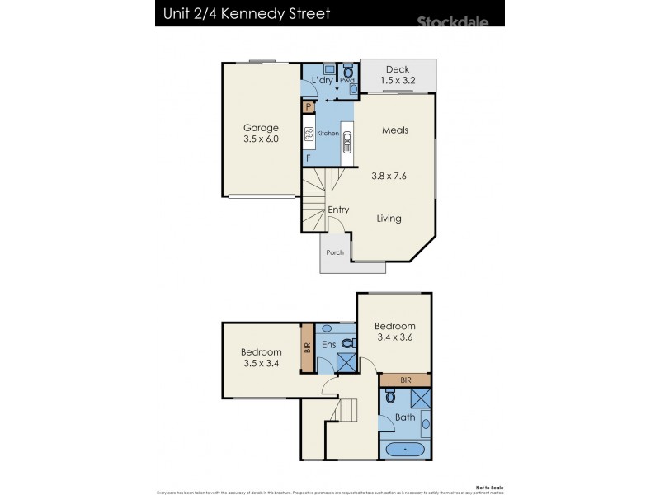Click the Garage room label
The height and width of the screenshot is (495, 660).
pos(261,128)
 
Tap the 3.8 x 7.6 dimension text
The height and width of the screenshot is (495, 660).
pos(389,175)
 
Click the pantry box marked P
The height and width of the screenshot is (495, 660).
pos(308,106)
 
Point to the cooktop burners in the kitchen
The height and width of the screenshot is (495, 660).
pos(308,134)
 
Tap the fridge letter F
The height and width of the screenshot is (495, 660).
pos(309,158)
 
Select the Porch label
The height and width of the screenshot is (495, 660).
pos(335,252)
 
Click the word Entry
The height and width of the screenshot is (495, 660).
pos(338,210)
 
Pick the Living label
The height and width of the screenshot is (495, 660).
pos(389,219)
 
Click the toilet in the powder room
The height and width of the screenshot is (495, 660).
pos(348,73)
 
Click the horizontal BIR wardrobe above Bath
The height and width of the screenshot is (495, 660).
pos(404,379)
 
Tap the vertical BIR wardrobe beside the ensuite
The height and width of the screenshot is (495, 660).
pos(308,347)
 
